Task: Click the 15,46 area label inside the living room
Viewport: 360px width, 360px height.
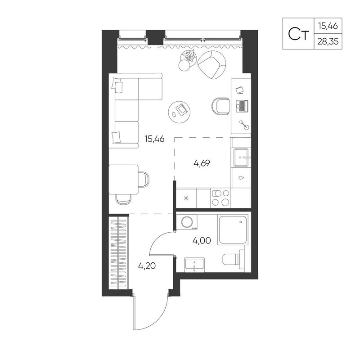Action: (154, 139)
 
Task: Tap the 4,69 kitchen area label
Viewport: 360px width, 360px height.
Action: (202, 163)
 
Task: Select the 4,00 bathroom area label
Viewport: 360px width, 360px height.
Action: (202, 241)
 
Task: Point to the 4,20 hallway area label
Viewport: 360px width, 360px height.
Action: (147, 266)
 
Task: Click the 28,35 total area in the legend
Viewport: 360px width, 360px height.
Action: (328, 42)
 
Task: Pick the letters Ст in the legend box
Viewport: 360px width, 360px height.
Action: (298, 34)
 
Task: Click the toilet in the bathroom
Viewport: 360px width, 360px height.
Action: (234, 259)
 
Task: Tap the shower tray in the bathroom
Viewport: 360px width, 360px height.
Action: (233, 230)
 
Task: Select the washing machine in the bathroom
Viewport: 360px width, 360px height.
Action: (187, 222)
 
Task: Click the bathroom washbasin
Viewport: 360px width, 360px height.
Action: (194, 265)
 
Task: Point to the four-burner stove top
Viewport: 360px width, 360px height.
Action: (220, 198)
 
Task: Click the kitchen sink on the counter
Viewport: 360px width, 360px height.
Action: (241, 157)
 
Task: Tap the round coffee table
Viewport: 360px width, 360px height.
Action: (179, 112)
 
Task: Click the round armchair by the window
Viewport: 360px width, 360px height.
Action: (211, 64)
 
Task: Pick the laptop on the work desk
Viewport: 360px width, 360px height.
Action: (242, 106)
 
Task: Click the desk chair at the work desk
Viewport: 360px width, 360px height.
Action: (221, 106)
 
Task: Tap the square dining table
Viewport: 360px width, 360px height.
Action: (123, 180)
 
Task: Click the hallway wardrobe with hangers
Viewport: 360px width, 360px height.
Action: (118, 252)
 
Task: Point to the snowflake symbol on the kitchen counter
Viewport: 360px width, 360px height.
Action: (186, 198)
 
